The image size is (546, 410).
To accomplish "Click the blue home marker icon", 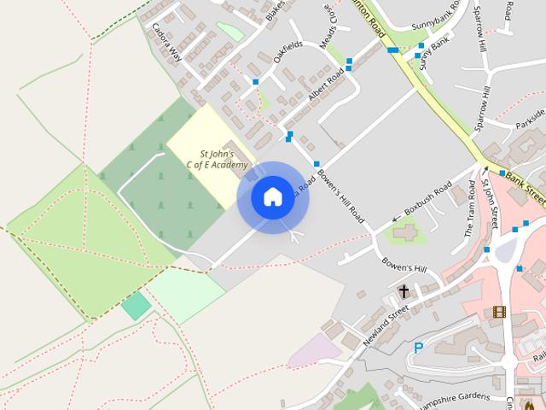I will (x=272, y=197).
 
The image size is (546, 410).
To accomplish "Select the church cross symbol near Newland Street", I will (x=404, y=292).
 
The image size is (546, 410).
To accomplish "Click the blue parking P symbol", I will (x=418, y=348).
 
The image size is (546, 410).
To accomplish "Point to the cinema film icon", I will (x=499, y=313).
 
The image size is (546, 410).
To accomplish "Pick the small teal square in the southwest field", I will (x=135, y=306).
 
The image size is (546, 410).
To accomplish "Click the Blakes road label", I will (x=275, y=10).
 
